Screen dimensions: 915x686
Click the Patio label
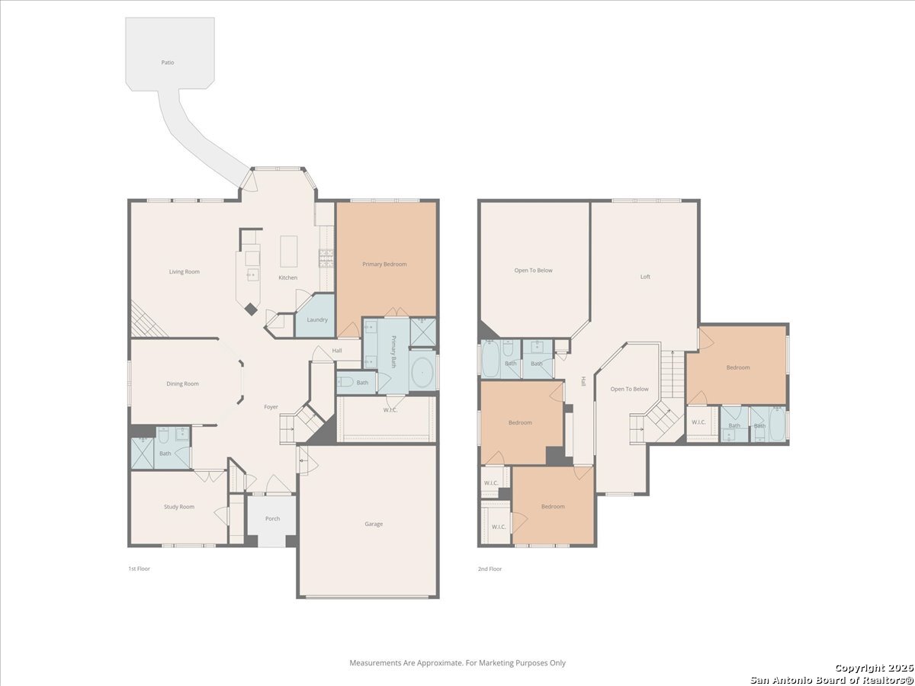pyautogui.click(x=168, y=63)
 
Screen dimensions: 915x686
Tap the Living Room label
pyautogui.click(x=185, y=271)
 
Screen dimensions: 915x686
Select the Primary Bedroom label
pyautogui.click(x=384, y=264)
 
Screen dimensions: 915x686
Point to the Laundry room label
pyautogui.click(x=317, y=320)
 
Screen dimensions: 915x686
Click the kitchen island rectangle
pyautogui.click(x=288, y=252)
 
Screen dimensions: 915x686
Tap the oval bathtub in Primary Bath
pyautogui.click(x=422, y=372)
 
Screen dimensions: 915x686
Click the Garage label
pyautogui.click(x=374, y=524)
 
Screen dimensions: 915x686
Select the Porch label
pyautogui.click(x=273, y=518)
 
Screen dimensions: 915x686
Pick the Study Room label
pyautogui.click(x=179, y=507)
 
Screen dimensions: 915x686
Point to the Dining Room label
pyautogui.click(x=182, y=383)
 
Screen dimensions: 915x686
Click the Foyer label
pyautogui.click(x=271, y=407)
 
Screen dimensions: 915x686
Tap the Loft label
pyautogui.click(x=645, y=277)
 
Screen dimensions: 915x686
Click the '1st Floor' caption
pyautogui.click(x=140, y=569)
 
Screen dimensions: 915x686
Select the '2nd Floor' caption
pyautogui.click(x=490, y=569)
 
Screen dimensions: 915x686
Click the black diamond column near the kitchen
pyautogui.click(x=251, y=309)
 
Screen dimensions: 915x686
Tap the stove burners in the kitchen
pyautogui.click(x=326, y=258)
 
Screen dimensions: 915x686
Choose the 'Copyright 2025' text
pyautogui.click(x=874, y=668)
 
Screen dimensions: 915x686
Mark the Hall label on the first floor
pyautogui.click(x=337, y=351)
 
